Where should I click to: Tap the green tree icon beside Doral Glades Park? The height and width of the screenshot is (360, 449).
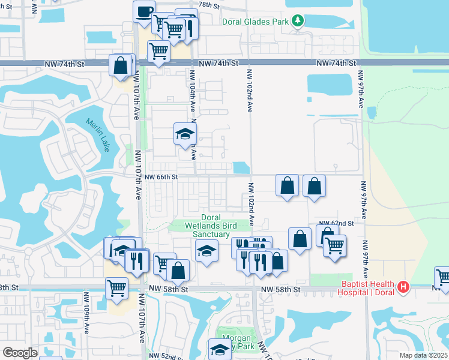[x=298, y=22]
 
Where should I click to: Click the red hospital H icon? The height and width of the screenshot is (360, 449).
[x=403, y=287]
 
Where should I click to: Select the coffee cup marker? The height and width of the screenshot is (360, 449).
[x=144, y=12]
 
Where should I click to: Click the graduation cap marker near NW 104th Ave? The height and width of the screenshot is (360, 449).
[x=185, y=134]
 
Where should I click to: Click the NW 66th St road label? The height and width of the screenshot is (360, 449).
[x=161, y=177]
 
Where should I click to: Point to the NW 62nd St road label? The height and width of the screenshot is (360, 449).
[x=336, y=223]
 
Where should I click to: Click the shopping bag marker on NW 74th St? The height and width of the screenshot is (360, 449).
[x=120, y=65]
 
